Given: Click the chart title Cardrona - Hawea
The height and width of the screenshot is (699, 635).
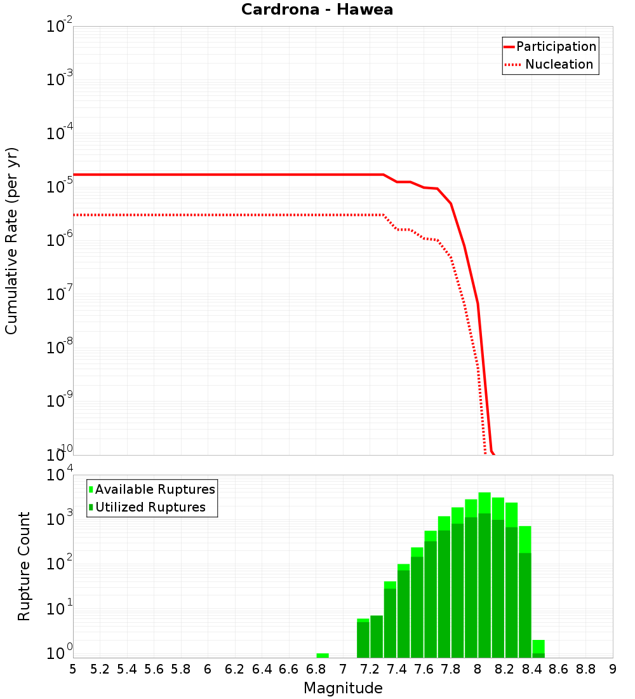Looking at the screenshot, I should (x=317, y=10).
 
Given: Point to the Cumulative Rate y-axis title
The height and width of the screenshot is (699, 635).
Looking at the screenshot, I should (x=11, y=240).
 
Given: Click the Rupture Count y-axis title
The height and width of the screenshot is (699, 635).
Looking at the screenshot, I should (x=24, y=566).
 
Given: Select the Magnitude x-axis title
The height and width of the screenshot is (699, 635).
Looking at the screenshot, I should (x=343, y=688).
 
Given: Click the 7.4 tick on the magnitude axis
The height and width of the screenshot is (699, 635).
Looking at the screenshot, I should (x=397, y=668).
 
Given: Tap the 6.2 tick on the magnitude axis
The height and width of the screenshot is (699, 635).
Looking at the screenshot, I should (x=235, y=668).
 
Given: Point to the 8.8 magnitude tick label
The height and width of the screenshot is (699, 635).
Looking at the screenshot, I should (x=585, y=668).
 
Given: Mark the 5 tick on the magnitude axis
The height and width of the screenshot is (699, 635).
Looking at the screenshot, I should (x=73, y=668).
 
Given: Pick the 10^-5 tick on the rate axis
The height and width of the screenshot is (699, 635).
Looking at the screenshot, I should (x=60, y=187).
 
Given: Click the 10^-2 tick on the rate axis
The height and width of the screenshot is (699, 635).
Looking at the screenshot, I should (x=60, y=27).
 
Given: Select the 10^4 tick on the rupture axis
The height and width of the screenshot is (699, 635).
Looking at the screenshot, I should (x=61, y=475).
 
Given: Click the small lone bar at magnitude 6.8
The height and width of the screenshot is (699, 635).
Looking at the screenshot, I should (x=323, y=655).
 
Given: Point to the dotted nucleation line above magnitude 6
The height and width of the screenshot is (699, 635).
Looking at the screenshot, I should (x=208, y=215).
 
